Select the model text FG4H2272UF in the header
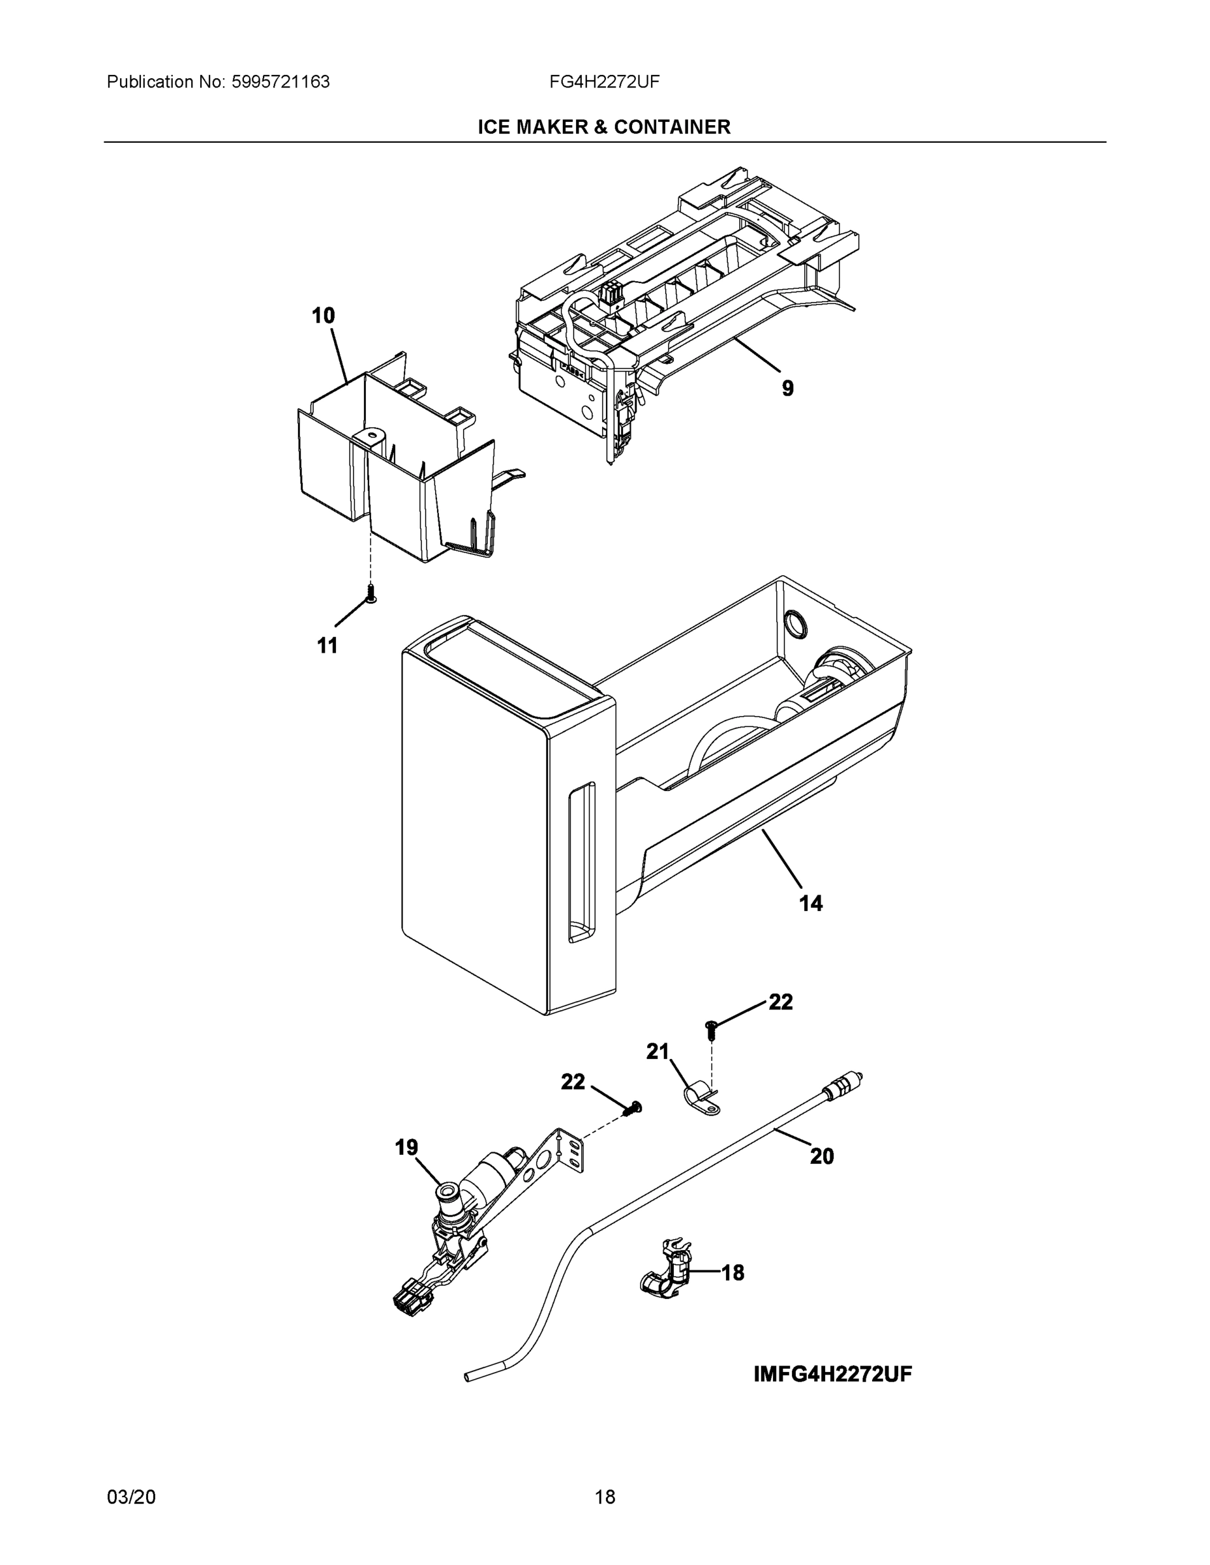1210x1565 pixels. (x=604, y=82)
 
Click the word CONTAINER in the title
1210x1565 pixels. (x=672, y=127)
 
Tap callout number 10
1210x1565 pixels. (x=324, y=316)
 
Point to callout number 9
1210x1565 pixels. (x=787, y=389)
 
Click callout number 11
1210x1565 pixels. (x=327, y=646)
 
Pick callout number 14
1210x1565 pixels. (x=811, y=904)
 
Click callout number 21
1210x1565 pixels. (x=658, y=1052)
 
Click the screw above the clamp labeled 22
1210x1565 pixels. (x=712, y=1030)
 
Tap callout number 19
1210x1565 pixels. (x=406, y=1148)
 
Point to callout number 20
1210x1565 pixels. (x=821, y=1156)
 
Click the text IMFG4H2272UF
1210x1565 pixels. (x=832, y=1375)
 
